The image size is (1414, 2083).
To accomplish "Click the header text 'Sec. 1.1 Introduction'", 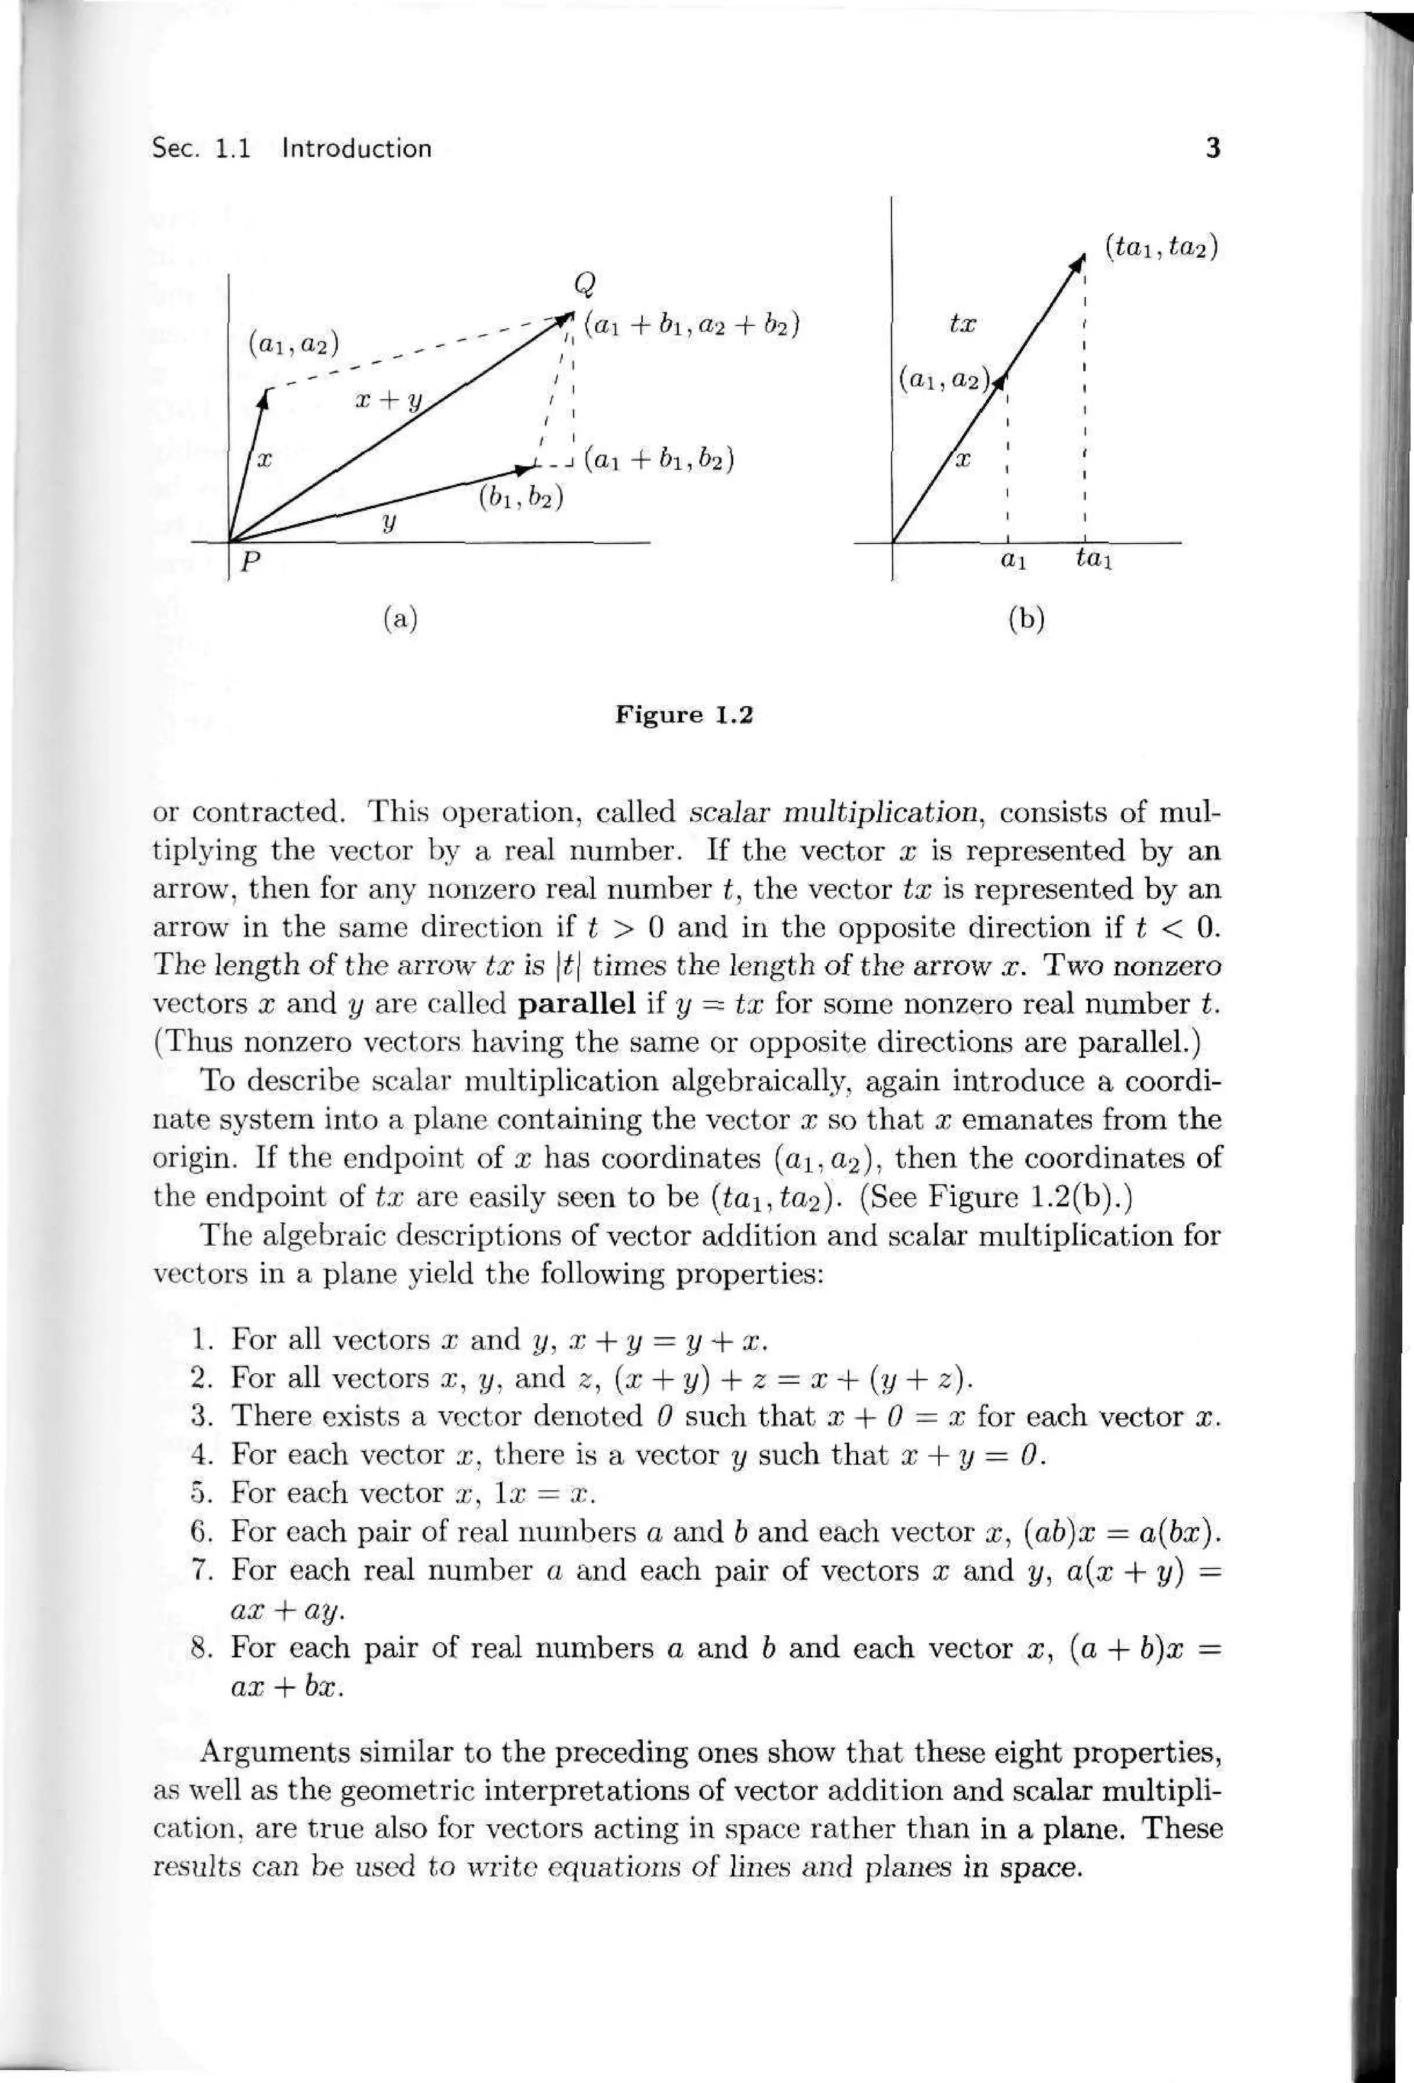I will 292,149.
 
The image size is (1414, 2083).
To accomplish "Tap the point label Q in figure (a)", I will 585,285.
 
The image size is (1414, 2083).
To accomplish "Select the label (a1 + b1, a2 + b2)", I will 691,324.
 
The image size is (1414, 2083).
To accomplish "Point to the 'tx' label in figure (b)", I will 962,323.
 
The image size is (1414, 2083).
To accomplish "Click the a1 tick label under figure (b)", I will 1011,562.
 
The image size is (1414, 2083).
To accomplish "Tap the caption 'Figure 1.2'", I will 684,715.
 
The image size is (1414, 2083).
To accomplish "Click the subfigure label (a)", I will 400,618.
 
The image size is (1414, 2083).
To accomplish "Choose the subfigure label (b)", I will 1027,618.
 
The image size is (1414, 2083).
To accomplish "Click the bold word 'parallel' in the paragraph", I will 577,1004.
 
